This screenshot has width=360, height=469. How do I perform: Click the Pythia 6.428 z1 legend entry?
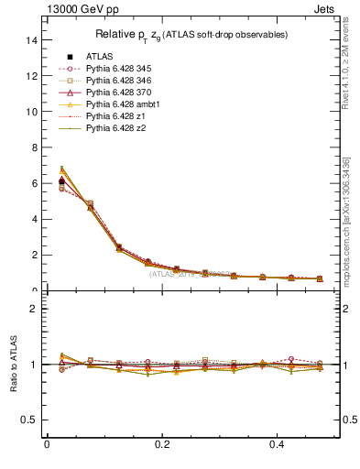point(116,116)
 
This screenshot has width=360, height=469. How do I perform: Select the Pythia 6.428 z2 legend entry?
point(116,128)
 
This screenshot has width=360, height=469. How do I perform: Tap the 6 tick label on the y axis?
point(34,183)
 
